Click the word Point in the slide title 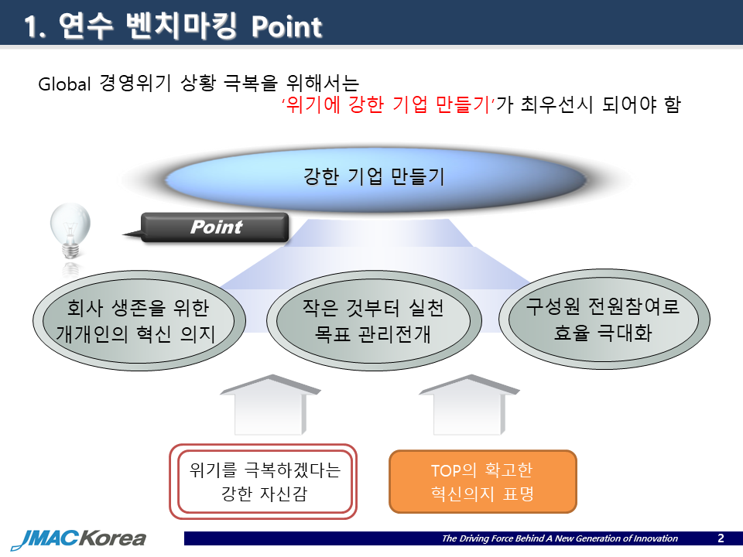[286, 26]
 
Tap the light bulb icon [70, 231]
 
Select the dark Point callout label [214, 227]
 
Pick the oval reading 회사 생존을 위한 [139, 320]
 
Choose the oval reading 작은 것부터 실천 [374, 320]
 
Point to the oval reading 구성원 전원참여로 [604, 320]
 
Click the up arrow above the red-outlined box [270, 405]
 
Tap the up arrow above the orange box [469, 405]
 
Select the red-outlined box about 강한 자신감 [263, 481]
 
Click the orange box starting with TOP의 [483, 481]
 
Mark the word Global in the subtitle [64, 84]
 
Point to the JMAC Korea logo [79, 538]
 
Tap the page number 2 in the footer [721, 538]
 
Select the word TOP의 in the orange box [454, 470]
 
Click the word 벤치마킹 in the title [181, 26]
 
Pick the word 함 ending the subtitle [673, 104]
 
